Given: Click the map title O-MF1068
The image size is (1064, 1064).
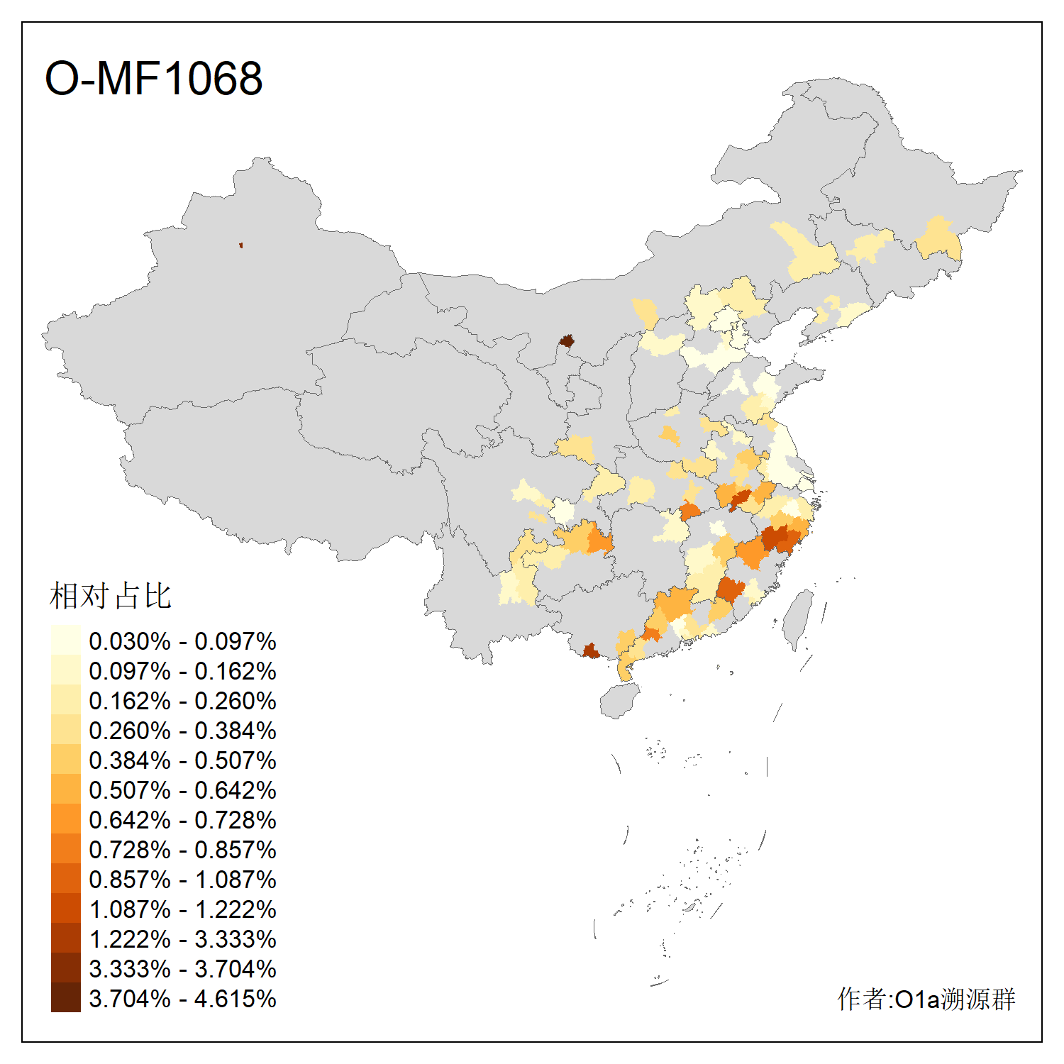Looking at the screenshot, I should coord(153,78).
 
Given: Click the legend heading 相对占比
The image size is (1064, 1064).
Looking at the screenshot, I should coord(111,596).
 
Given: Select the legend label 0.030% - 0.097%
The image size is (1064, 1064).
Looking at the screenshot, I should coord(182,641).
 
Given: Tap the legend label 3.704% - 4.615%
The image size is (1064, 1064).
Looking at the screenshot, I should coord(182,999).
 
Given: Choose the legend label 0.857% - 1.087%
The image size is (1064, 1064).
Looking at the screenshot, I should coord(182,880).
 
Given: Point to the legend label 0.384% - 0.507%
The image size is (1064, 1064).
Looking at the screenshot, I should coord(182,760).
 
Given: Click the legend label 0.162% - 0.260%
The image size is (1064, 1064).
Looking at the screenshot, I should coord(182,701).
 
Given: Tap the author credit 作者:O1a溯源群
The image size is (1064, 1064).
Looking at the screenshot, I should coord(926,999).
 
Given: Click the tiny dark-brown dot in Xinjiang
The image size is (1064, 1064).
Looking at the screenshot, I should coord(241,245).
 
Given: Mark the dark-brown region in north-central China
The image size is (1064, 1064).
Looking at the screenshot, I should coord(566,341).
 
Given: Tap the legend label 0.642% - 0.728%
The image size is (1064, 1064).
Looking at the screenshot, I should coord(182,820).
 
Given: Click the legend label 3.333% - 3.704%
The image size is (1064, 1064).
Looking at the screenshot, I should coord(182,969).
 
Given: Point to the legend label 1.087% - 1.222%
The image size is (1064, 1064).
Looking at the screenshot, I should coord(182,909).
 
